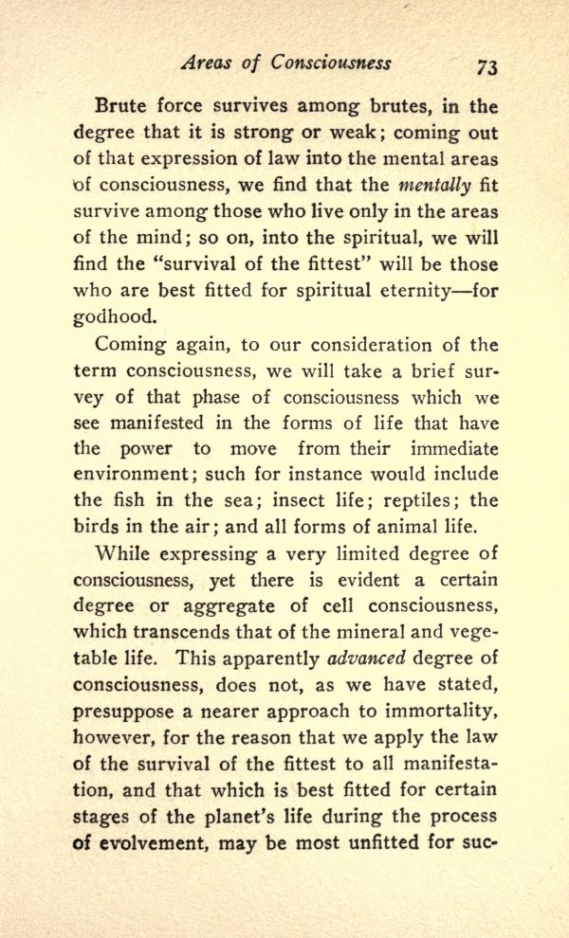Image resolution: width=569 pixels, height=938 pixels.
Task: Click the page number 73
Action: (x=487, y=65)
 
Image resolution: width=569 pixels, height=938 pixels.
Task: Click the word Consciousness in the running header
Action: (x=330, y=63)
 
